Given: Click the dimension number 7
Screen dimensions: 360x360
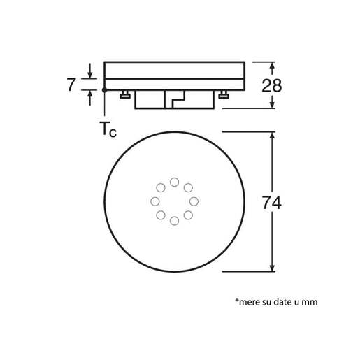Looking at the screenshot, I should pos(71,85).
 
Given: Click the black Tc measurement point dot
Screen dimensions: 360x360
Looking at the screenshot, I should pos(104,89).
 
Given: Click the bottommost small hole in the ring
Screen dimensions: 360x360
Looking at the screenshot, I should pos(174,221).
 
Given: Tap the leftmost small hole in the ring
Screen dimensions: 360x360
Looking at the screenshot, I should pos(154,201).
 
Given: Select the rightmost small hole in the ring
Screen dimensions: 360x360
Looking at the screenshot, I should pos(194,201).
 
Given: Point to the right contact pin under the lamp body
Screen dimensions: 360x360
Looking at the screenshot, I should pos(223,95).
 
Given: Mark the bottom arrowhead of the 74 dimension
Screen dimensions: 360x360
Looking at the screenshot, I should pos(271,267).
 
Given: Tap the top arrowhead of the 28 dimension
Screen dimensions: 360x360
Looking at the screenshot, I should pos(271,65).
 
